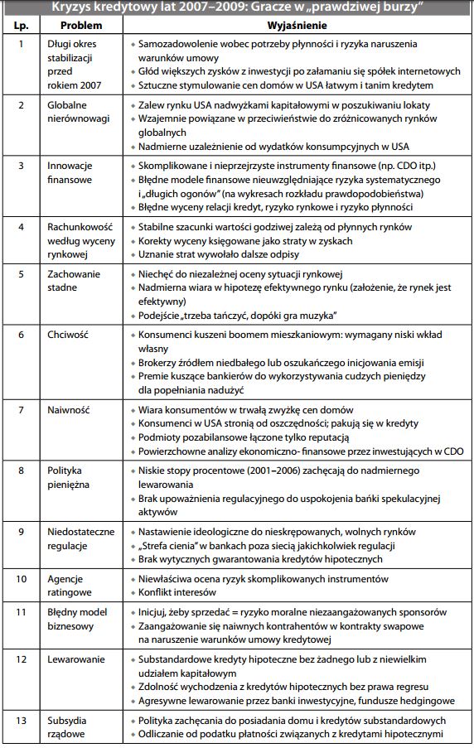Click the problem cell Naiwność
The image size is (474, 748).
click(x=69, y=409)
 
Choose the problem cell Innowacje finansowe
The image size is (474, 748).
click(x=71, y=175)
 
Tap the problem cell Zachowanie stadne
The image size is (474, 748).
click(x=75, y=281)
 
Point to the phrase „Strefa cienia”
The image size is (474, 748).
click(x=168, y=545)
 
